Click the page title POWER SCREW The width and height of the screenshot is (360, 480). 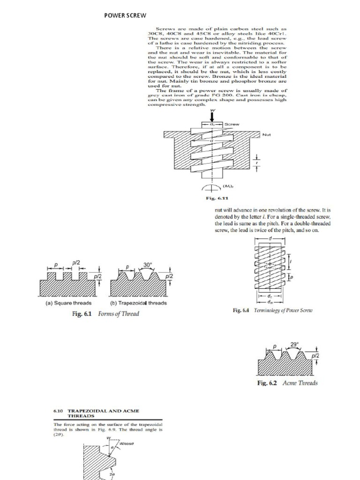(125, 15)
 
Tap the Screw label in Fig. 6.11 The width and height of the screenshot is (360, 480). (233, 124)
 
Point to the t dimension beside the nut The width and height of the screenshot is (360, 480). (256, 165)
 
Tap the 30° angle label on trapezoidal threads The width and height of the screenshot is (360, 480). (148, 265)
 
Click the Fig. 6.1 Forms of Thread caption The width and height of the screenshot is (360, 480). (105, 314)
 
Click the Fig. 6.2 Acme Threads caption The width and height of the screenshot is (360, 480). (287, 383)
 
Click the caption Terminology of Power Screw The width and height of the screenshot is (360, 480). (272, 310)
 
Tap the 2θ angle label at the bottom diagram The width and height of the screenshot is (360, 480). (112, 474)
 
